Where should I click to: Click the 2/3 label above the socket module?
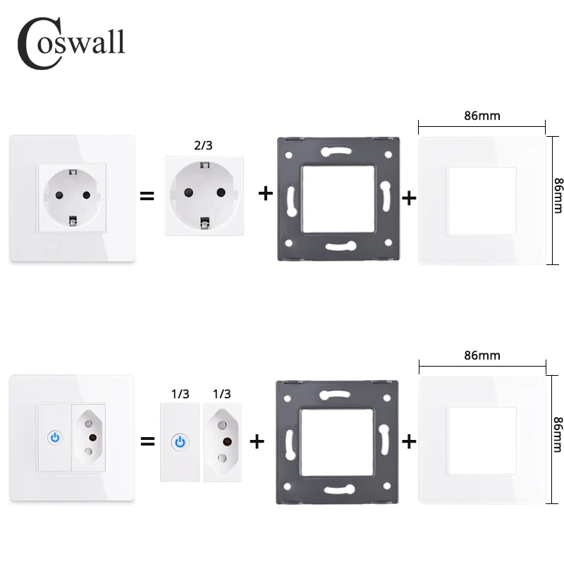[x=202, y=146]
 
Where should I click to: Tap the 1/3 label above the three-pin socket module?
[x=221, y=393]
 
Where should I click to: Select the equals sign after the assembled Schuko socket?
[x=147, y=195]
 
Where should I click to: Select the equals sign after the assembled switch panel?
[x=147, y=442]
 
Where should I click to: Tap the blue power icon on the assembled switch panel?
[x=55, y=438]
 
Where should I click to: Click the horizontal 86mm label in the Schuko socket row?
[x=482, y=116]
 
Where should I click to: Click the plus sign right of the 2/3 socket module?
[x=265, y=193]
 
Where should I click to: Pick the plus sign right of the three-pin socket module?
[x=257, y=441]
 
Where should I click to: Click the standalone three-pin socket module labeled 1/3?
[x=222, y=442]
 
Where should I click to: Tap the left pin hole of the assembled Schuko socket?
[x=54, y=195]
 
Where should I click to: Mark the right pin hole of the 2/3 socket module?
[x=221, y=192]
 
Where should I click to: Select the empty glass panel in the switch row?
[x=483, y=441]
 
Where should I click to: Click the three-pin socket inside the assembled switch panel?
[x=90, y=438]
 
